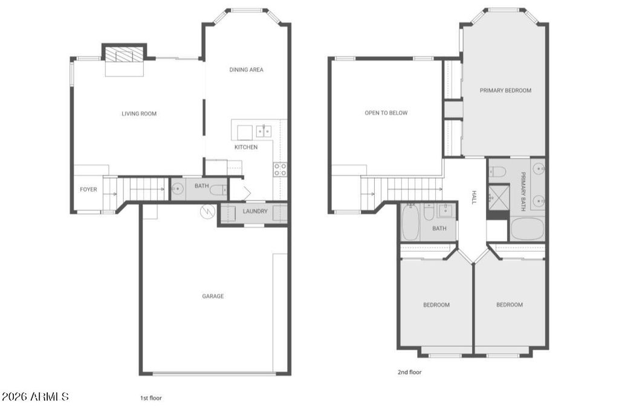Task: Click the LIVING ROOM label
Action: click(139, 114)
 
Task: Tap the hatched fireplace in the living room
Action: click(125, 55)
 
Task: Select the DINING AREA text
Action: click(246, 70)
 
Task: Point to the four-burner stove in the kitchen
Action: click(280, 169)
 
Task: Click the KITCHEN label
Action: click(246, 147)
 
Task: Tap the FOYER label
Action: click(88, 190)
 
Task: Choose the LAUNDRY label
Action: click(254, 211)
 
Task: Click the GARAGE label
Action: click(213, 296)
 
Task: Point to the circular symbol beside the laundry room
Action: click(207, 212)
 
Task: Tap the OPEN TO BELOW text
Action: click(386, 113)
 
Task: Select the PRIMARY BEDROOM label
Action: click(505, 91)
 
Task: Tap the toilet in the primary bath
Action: click(497, 171)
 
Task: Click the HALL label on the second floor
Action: click(474, 198)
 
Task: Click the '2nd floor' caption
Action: click(409, 373)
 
